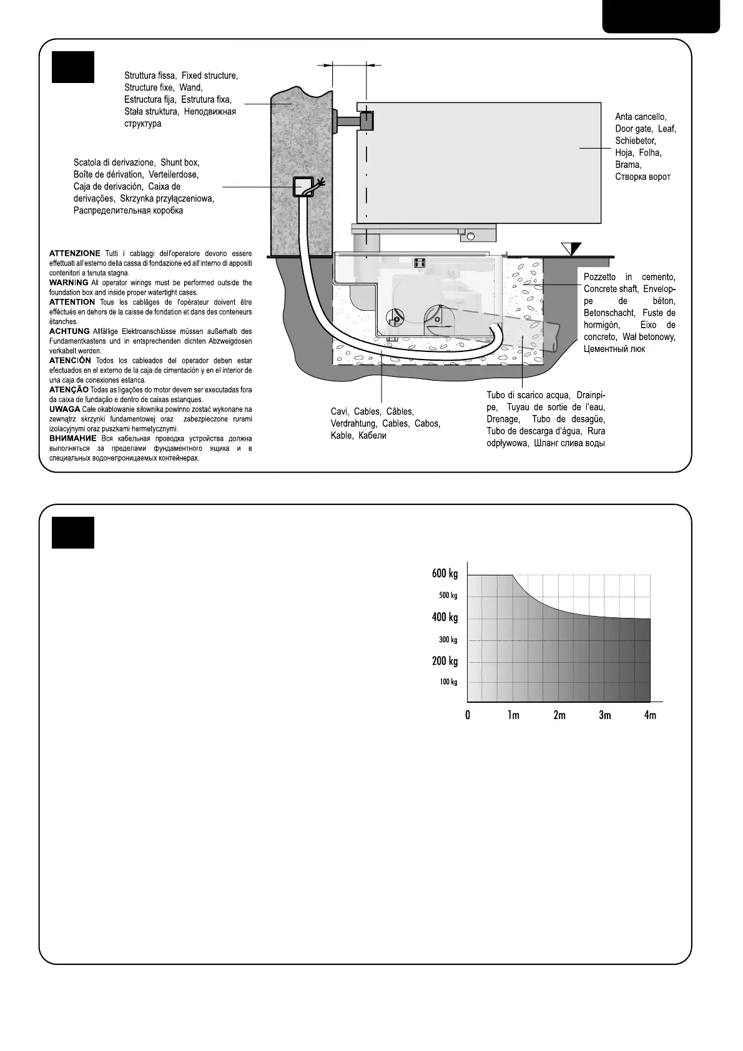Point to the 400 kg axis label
coord(445,618)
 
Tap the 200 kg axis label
coord(445,662)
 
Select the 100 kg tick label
coord(448,682)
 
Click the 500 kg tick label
coord(448,596)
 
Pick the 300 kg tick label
coord(448,640)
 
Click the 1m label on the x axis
coord(513,715)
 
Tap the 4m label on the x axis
coord(651,715)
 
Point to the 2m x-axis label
coord(559,715)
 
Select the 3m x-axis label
coord(605,715)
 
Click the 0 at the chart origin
coord(468,715)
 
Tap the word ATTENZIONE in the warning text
coord(74,253)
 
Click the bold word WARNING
coord(69,283)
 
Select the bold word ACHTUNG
coord(69,331)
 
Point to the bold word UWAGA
coord(64,409)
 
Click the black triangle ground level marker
coord(571,248)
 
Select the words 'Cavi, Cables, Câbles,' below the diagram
coord(372,412)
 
